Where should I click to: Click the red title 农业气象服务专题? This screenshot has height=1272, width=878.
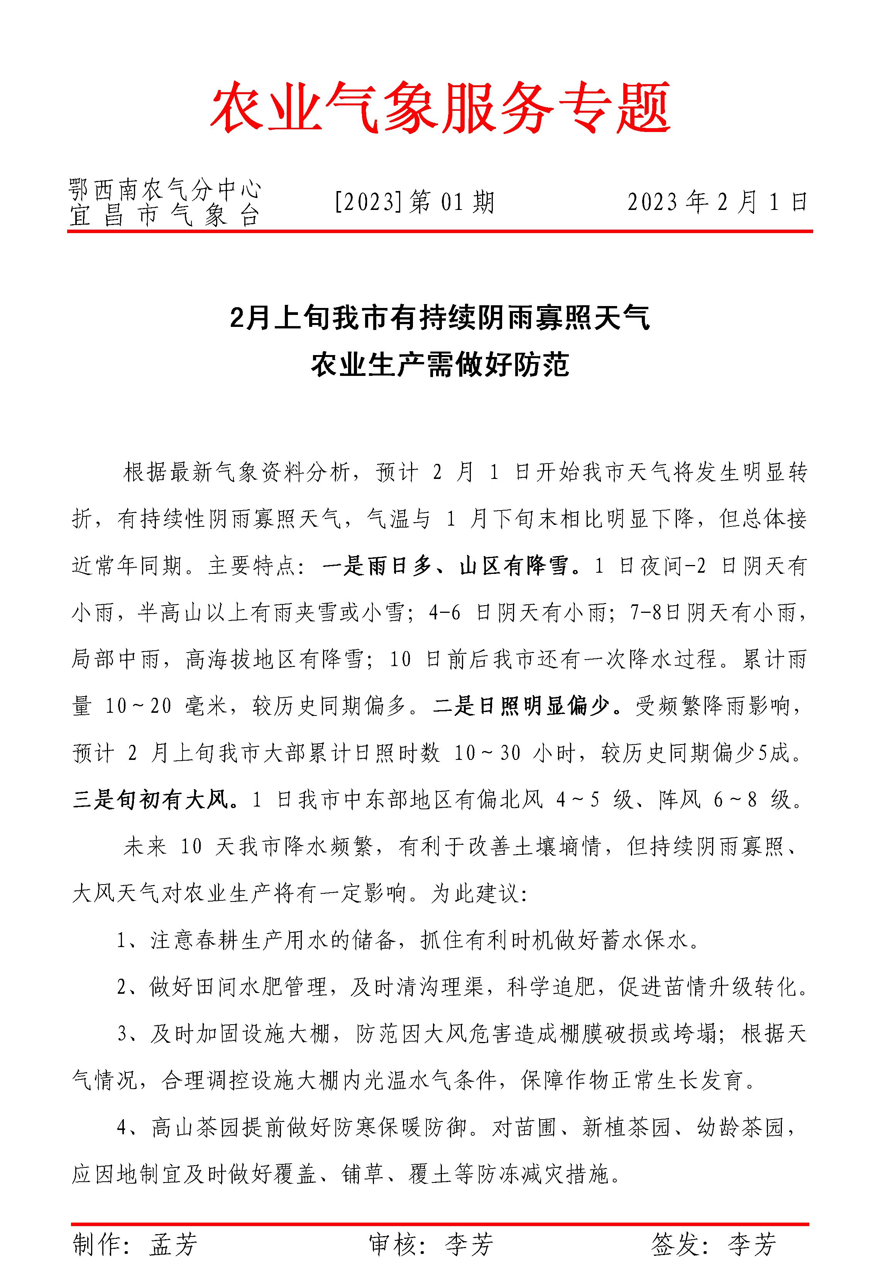click(x=440, y=108)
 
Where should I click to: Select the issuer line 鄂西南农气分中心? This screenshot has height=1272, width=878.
click(x=164, y=190)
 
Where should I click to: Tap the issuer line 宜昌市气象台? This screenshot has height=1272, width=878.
click(x=164, y=216)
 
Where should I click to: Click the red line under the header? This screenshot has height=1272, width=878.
click(x=440, y=232)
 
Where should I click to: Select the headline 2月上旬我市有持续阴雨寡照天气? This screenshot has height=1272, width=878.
click(x=440, y=318)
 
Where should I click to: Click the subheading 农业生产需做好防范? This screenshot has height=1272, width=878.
click(x=440, y=365)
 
